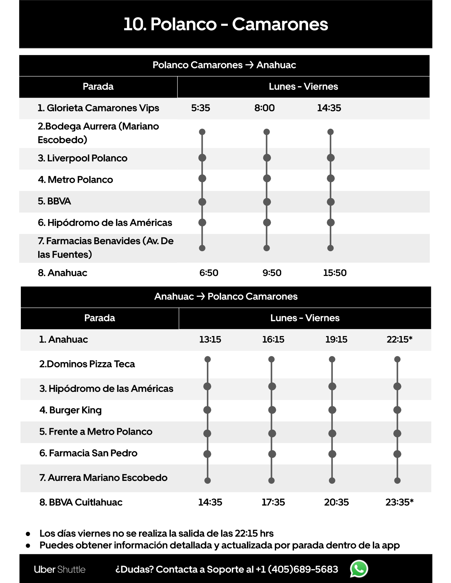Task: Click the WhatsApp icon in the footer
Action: (359, 569)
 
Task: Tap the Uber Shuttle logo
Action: (59, 570)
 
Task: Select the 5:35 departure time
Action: (201, 108)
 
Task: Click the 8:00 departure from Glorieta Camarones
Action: (264, 108)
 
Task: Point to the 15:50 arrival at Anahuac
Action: (335, 273)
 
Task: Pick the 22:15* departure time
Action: (399, 340)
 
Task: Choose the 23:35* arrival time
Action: (399, 502)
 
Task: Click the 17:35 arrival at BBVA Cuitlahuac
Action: (273, 502)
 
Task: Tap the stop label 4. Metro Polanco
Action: (75, 180)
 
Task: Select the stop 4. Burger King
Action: (70, 410)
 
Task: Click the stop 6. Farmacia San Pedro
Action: (88, 453)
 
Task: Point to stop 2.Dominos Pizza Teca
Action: (87, 364)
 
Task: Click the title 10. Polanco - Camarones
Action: (226, 24)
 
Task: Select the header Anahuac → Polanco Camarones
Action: (226, 296)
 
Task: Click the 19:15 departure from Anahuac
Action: (336, 340)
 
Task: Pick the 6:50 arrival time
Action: (209, 273)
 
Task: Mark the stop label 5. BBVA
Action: (54, 201)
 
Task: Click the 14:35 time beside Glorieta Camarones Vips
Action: (329, 108)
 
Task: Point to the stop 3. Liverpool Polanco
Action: (82, 158)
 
